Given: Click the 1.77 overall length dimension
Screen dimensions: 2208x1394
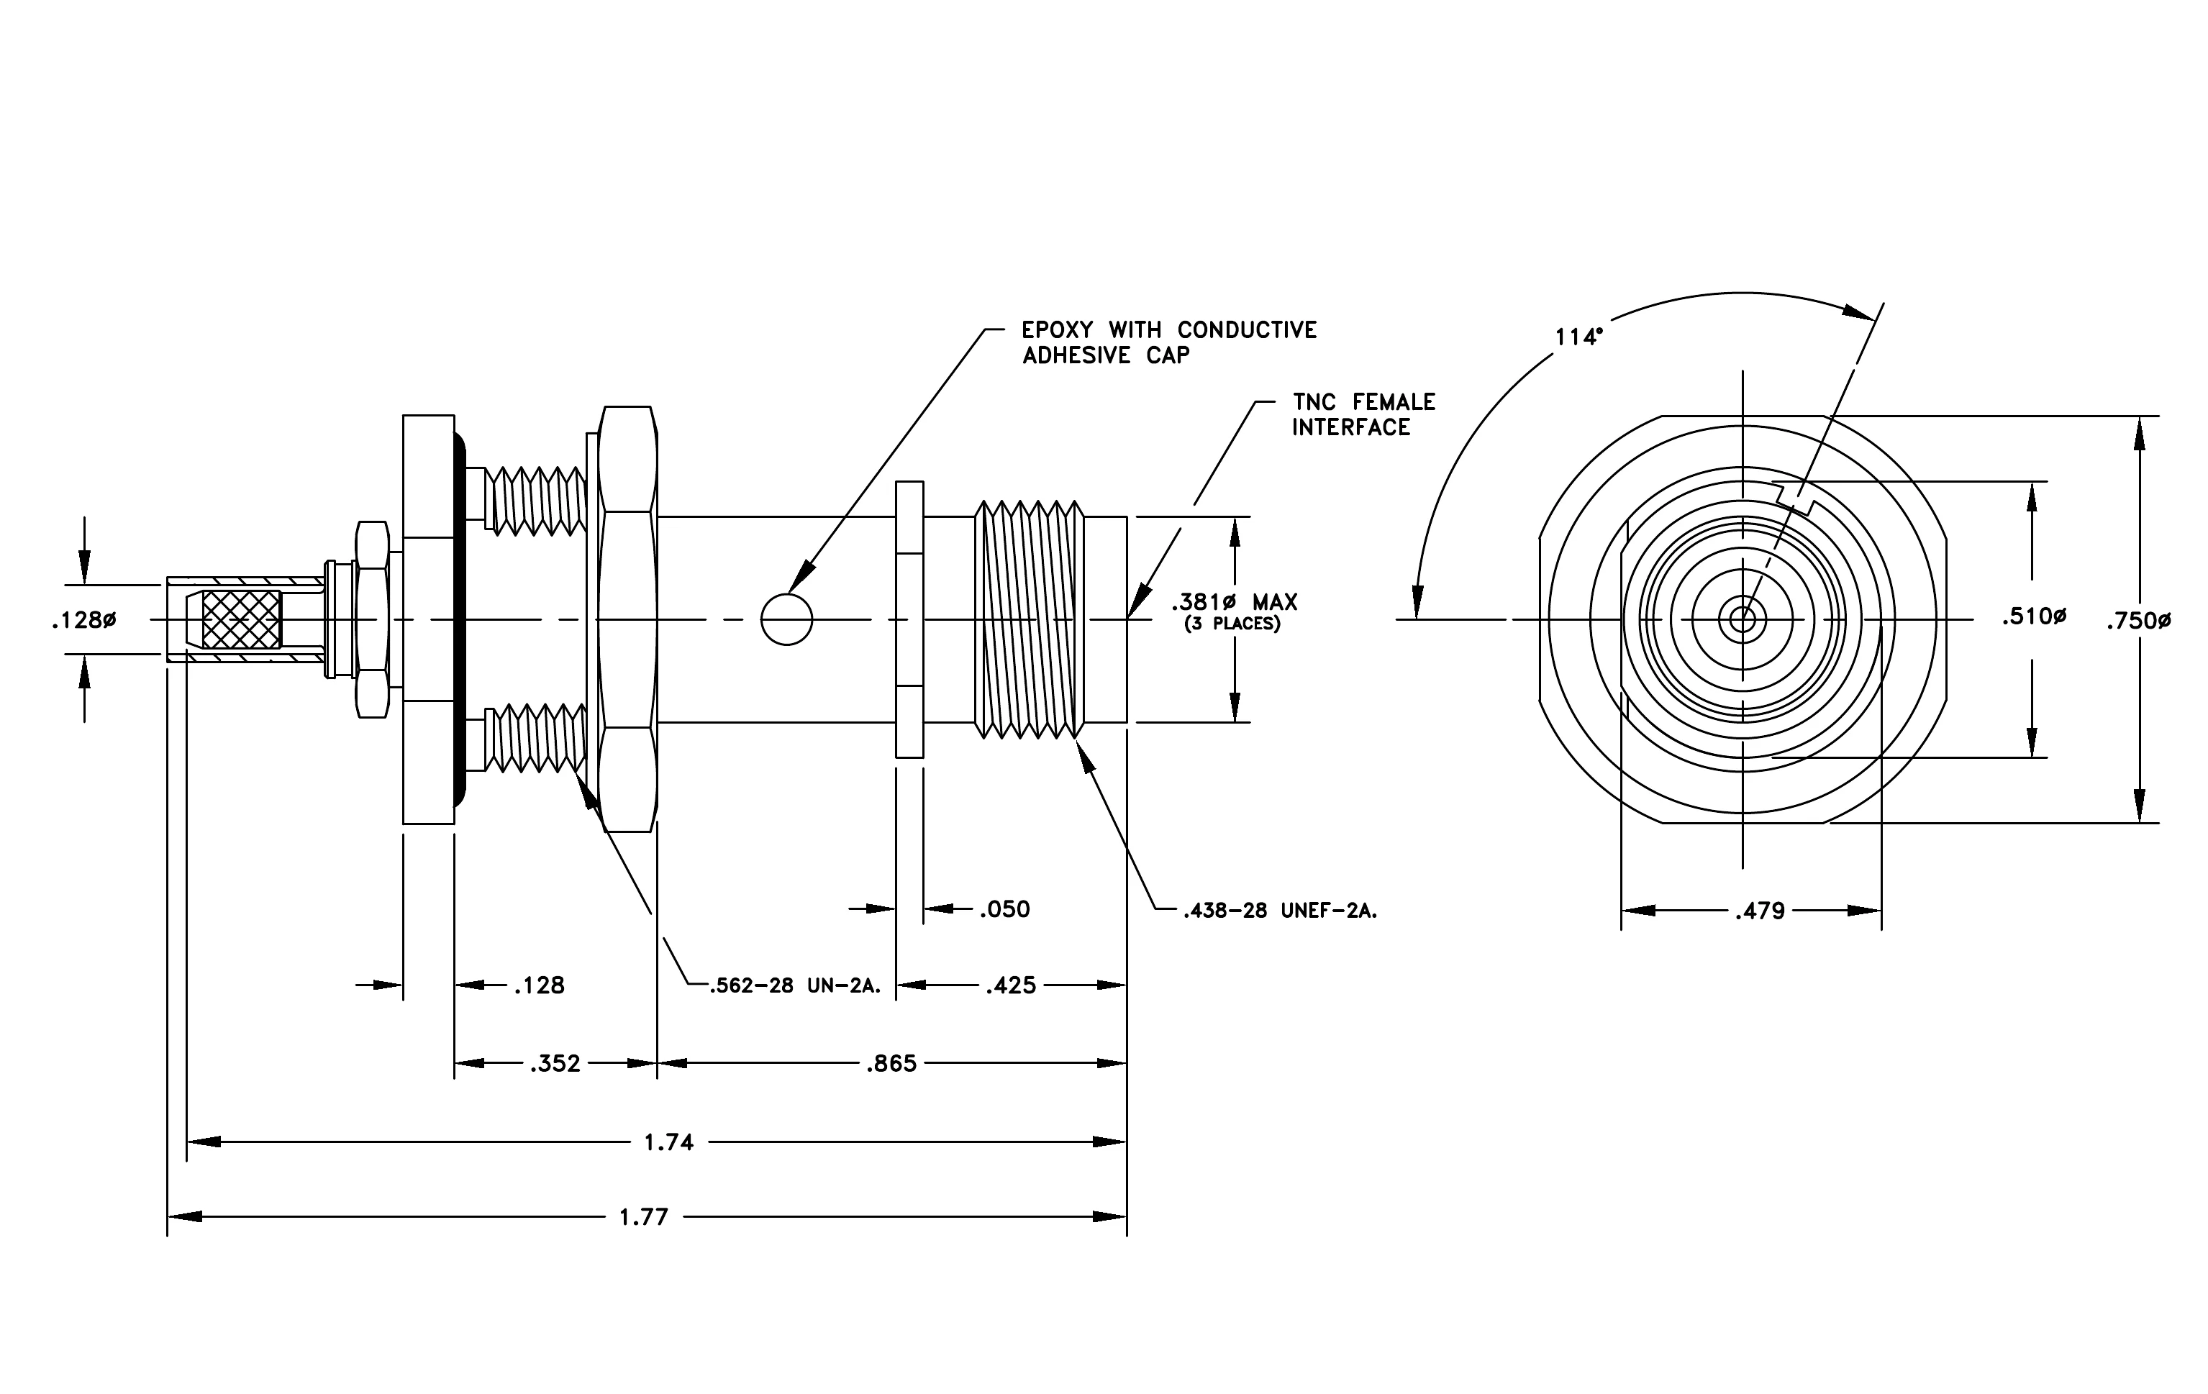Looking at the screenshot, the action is [644, 1217].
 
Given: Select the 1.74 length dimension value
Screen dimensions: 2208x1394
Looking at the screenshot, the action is [668, 1142].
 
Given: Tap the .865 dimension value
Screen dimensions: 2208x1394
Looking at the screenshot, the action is [891, 1063].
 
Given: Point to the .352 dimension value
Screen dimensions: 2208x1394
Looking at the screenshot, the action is [555, 1063].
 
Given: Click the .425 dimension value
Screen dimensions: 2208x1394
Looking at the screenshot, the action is [1011, 985].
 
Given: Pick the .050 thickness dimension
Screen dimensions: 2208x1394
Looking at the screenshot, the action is [1004, 909].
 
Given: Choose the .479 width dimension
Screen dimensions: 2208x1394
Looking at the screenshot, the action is [1760, 911].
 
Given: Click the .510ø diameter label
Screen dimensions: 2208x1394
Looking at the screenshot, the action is [2034, 617].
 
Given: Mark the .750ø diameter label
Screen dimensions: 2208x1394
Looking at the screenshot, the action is [2138, 621].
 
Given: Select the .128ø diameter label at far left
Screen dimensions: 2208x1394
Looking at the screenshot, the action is [83, 621].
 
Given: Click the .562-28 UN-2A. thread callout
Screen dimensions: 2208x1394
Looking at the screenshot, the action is [795, 986].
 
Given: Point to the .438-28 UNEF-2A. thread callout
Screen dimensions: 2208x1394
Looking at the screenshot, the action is [1280, 911].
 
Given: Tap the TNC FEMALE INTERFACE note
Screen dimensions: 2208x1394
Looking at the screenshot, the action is [1363, 414].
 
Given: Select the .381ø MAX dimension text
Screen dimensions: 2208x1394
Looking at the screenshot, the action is [1234, 602].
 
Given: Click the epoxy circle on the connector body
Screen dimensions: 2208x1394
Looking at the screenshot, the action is [787, 619].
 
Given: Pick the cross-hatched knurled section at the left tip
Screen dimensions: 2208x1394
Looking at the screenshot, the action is [241, 619].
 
